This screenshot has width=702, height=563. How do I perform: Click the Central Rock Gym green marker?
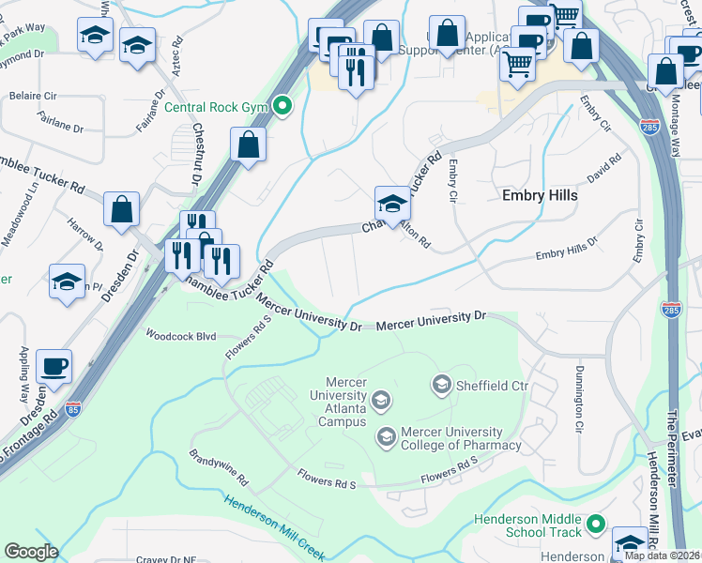[x=281, y=106]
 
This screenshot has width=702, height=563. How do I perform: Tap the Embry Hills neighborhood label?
[x=539, y=196]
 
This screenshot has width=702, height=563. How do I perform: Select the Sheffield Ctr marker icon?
[x=439, y=384]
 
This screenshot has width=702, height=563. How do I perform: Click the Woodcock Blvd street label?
[x=180, y=335]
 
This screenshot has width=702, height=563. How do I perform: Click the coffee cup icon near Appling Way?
[x=54, y=365]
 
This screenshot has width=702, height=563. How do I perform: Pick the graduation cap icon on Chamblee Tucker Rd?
[x=391, y=202]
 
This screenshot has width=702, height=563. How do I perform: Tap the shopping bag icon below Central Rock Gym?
[x=248, y=145]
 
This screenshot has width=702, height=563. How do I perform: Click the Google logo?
[x=31, y=552]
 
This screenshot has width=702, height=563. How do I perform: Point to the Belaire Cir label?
[x=32, y=96]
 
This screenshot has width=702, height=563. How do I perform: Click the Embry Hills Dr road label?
[x=566, y=248]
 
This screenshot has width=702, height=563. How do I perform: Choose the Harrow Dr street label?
[x=85, y=235]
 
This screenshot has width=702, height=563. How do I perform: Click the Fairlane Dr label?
[x=61, y=121]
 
